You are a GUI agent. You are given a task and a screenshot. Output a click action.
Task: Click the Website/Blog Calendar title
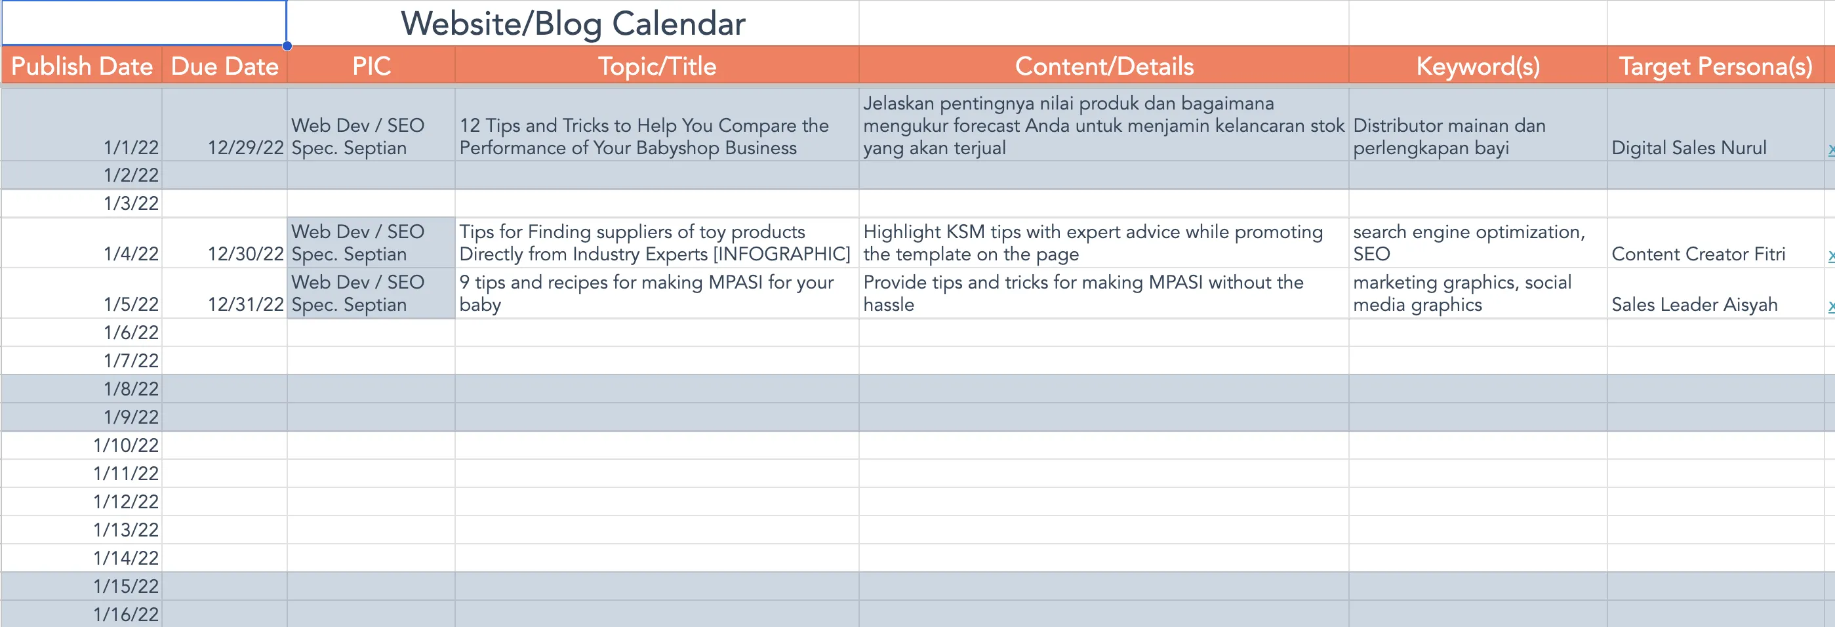click(x=573, y=24)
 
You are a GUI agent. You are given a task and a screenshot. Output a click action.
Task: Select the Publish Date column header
click(x=82, y=66)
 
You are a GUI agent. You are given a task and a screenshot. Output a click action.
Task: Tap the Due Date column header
click(x=224, y=66)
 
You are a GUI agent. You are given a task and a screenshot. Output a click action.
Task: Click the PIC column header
click(x=371, y=66)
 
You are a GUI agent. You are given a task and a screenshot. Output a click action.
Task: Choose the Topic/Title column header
click(x=656, y=66)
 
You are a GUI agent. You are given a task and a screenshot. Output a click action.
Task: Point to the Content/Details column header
click(x=1104, y=66)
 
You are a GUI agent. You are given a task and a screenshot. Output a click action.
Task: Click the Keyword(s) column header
click(x=1478, y=66)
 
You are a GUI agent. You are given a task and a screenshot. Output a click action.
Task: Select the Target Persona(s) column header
click(x=1716, y=66)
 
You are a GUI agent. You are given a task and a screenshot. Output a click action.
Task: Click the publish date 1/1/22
click(x=131, y=148)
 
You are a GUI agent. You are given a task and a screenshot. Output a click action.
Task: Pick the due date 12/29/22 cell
click(x=246, y=148)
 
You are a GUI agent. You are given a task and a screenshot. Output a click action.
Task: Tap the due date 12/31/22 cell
click(x=246, y=304)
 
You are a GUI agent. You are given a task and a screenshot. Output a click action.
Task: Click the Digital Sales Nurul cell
click(x=1689, y=148)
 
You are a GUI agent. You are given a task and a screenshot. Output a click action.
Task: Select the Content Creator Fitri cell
click(x=1698, y=254)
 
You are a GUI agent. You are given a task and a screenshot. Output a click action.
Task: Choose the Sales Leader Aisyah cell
click(x=1694, y=304)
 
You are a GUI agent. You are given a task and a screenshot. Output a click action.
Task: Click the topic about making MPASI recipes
click(x=646, y=293)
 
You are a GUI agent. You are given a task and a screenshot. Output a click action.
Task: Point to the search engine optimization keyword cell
click(x=1469, y=242)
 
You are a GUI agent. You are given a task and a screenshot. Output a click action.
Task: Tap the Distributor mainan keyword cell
click(x=1449, y=136)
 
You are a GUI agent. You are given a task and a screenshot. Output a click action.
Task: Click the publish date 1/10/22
click(x=126, y=445)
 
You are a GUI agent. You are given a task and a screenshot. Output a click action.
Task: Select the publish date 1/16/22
click(x=126, y=614)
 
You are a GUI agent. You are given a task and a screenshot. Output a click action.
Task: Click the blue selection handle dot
click(x=287, y=47)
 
